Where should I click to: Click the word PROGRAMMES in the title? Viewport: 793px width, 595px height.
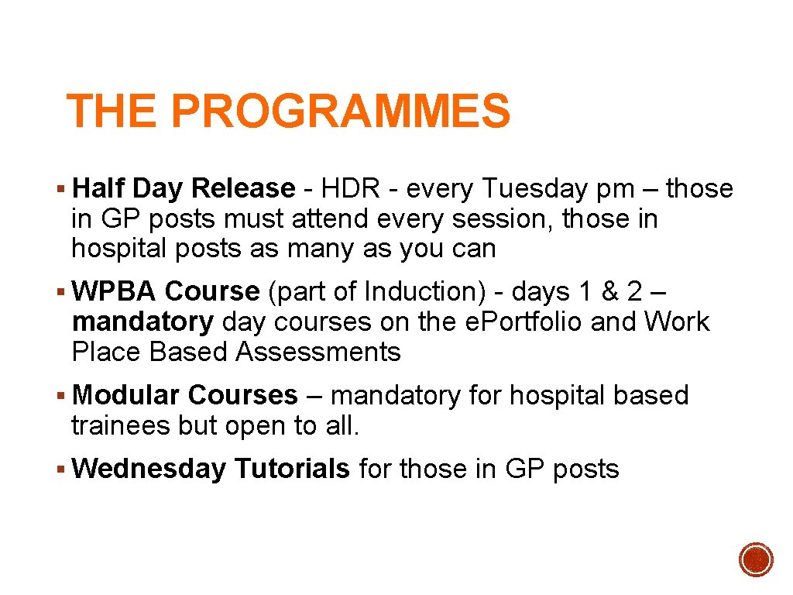[x=341, y=111]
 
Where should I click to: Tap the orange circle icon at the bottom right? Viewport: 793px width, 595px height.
[x=756, y=559]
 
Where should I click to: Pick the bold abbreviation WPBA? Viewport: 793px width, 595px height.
[x=115, y=291]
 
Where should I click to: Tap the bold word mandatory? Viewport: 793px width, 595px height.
[x=142, y=322]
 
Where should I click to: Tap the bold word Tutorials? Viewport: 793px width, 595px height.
[x=292, y=469]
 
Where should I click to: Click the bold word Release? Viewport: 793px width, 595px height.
[x=243, y=188]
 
